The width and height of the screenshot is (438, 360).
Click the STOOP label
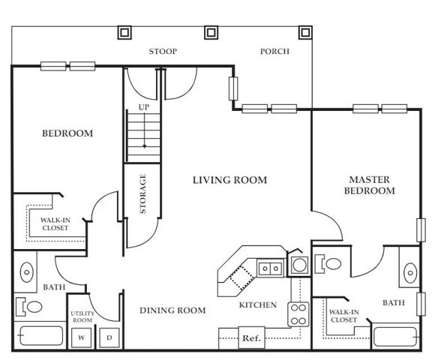coord(163,52)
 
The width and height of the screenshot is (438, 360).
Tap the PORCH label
coord(274,52)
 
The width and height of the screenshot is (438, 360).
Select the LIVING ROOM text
coord(230,180)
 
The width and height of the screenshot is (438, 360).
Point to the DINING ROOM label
coord(172,310)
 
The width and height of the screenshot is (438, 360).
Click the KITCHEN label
coord(258,304)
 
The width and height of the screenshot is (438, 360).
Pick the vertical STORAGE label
coord(142,193)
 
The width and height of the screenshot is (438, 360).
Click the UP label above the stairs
coord(144,107)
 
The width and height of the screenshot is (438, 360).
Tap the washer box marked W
coord(81,337)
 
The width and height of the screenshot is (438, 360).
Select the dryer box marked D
coord(109,337)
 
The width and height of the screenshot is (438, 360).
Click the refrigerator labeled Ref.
coord(252,338)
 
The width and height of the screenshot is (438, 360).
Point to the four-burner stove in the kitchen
coord(298,314)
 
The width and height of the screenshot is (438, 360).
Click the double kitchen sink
coord(271,268)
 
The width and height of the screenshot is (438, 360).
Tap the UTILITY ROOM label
coord(82,316)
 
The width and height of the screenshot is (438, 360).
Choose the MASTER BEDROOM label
coord(369,185)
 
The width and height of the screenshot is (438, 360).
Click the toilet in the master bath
coord(328,263)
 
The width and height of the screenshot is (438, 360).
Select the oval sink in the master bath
coord(410,273)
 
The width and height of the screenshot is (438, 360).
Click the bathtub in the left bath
coord(40,335)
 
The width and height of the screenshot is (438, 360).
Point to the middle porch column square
coord(211,33)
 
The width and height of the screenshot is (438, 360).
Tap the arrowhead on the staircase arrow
coord(145,146)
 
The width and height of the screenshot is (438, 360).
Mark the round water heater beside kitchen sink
coord(299,265)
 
